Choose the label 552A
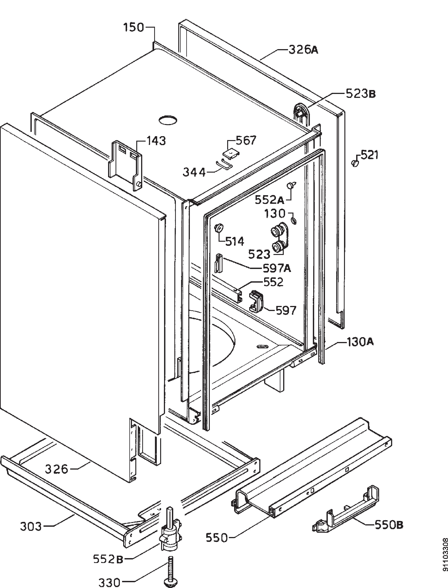pyautogui.click(x=270, y=200)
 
